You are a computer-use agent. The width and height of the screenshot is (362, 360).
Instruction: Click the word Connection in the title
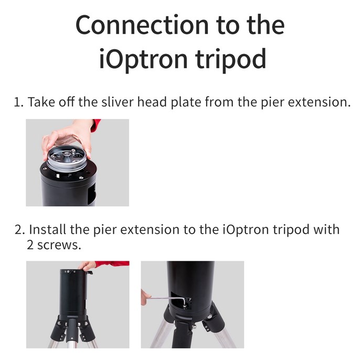(142, 25)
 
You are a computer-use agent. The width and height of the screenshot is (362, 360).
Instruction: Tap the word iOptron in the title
(143, 59)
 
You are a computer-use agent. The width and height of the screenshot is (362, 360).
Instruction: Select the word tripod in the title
(231, 59)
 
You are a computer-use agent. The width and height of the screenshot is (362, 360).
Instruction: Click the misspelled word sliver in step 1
(118, 102)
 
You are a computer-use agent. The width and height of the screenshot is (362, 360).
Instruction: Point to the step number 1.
(18, 102)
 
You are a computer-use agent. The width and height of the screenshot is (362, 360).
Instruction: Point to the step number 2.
(19, 230)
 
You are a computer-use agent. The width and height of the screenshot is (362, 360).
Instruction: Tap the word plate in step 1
(186, 102)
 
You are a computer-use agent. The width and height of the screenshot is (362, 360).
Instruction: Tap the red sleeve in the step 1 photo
(95, 125)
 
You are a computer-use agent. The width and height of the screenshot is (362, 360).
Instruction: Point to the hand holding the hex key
(145, 297)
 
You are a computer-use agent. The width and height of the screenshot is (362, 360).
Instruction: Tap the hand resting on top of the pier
(87, 266)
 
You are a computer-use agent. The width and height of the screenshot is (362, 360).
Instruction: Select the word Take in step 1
(41, 102)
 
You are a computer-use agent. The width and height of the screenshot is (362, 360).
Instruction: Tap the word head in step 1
(152, 102)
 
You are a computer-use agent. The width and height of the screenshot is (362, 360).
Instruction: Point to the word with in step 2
(326, 229)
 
